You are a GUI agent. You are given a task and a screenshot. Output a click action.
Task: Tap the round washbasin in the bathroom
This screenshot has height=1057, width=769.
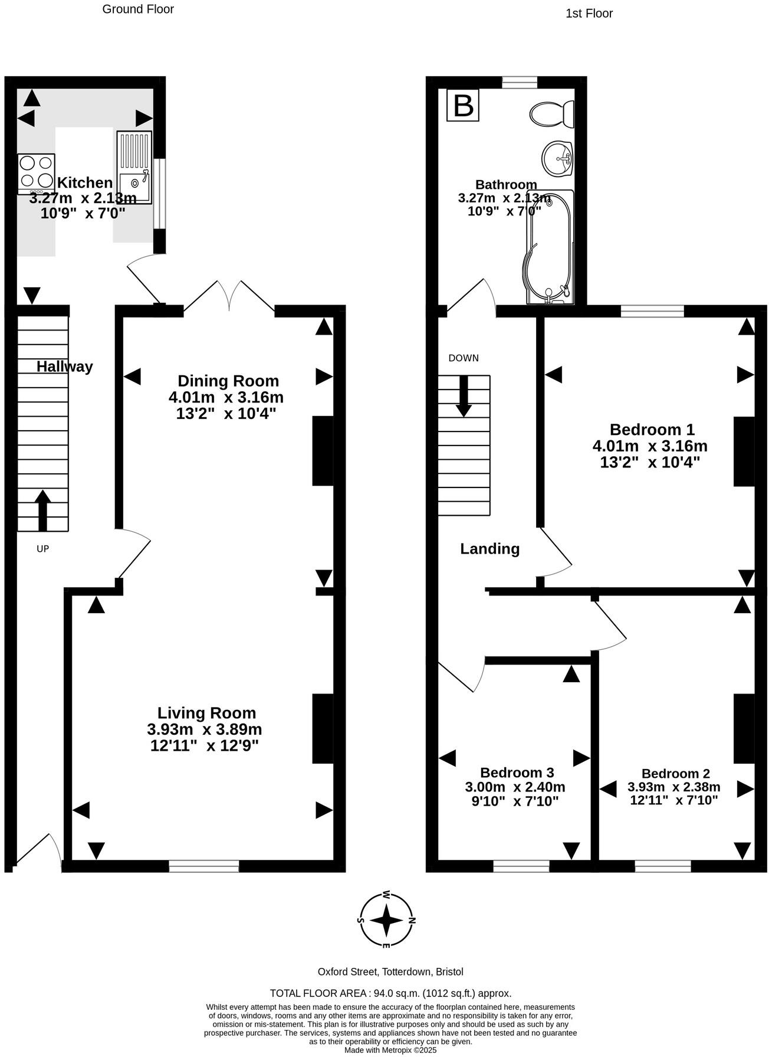pos(557,159)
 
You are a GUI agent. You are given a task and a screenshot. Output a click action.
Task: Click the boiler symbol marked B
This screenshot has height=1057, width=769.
pos(463,106)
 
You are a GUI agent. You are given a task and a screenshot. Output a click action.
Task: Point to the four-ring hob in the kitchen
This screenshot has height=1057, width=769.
pos(36,172)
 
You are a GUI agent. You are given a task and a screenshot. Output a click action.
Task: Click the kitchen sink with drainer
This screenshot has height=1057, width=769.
pos(134,167)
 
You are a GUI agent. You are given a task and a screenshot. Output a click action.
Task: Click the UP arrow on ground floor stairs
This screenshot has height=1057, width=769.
pos(43,510)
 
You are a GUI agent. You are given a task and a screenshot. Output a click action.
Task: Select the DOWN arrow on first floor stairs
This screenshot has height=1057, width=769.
pos(464,395)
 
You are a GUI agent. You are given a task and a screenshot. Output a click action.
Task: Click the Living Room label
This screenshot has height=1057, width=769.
pos(206,713)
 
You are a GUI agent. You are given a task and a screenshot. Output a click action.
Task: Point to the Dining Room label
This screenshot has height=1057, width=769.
pos(228,381)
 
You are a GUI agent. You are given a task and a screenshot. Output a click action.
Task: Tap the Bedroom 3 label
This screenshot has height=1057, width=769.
pos(517,773)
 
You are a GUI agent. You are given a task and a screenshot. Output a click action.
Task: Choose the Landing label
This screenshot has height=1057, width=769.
pos(489,549)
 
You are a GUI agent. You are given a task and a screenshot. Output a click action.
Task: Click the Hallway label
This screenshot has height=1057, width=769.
pos(64,366)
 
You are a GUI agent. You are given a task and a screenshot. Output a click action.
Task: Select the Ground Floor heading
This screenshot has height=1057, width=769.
pos(138,9)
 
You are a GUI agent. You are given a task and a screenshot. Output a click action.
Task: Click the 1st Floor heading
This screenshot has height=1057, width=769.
pos(589,13)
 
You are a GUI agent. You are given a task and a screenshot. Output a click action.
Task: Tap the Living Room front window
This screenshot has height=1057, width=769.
pos(203,866)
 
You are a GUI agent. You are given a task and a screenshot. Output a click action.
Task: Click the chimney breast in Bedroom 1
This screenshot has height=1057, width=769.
pos(743,451)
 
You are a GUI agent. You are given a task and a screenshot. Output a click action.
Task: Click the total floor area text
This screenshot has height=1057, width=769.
pos(390,993)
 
